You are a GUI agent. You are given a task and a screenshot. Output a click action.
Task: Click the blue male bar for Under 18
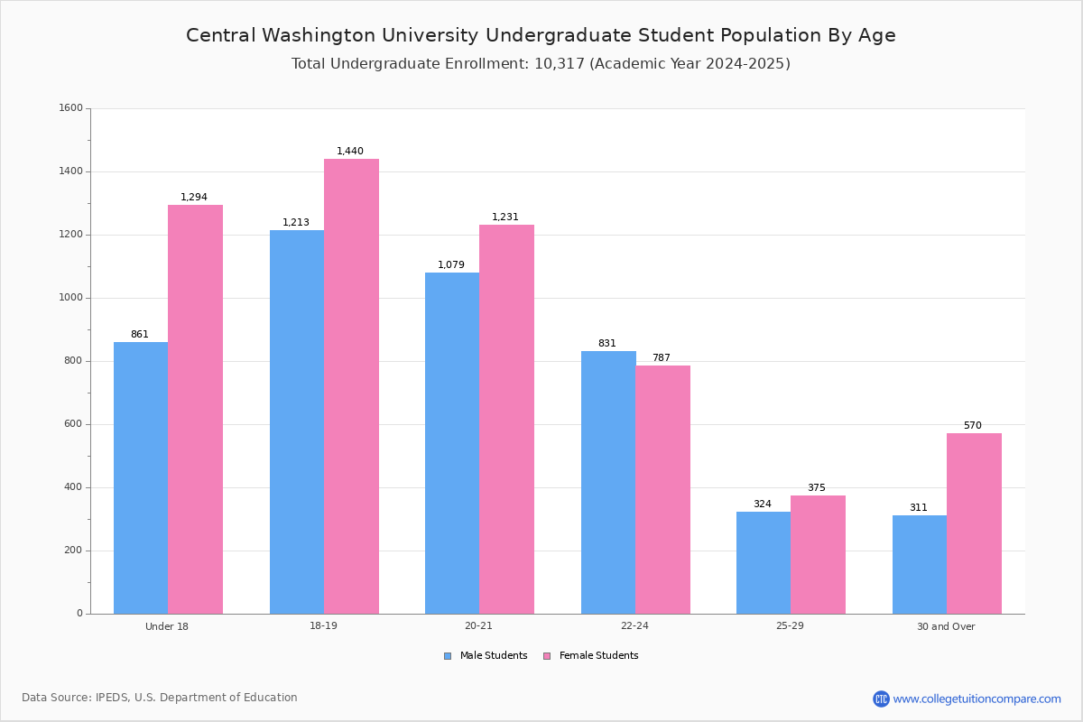(141, 477)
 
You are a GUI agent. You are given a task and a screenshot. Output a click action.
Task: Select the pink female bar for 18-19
(351, 386)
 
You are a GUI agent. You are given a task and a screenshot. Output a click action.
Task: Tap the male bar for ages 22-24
(608, 483)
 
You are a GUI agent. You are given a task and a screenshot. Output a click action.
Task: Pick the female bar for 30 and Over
(974, 523)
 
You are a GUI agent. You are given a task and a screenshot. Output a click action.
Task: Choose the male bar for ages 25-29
(764, 563)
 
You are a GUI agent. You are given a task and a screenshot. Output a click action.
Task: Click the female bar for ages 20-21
(506, 420)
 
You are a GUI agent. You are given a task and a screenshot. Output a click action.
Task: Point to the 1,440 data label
(350, 151)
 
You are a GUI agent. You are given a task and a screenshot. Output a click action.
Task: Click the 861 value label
(140, 334)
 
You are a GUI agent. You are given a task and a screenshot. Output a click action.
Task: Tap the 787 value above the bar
(662, 357)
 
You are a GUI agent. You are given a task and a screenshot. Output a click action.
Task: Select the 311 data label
(919, 507)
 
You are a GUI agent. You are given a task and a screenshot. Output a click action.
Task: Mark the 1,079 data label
(451, 264)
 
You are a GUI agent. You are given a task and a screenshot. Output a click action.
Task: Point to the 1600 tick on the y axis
(71, 107)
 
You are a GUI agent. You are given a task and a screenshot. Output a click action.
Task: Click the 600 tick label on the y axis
(74, 423)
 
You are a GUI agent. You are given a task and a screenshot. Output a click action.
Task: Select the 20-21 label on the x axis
(478, 625)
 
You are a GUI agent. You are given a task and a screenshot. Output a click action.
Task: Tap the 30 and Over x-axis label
(946, 626)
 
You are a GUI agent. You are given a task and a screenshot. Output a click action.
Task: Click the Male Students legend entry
(486, 655)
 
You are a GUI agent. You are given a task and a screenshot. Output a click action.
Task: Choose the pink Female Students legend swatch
(547, 656)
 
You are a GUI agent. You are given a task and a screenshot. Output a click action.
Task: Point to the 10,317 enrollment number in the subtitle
(560, 64)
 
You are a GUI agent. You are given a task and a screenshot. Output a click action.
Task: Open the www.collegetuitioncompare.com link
(977, 699)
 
